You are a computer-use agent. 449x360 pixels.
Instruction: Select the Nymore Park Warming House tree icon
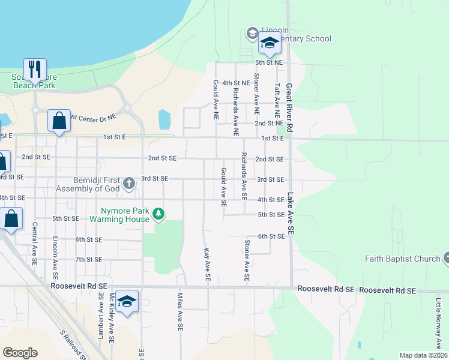pyautogui.click(x=158, y=213)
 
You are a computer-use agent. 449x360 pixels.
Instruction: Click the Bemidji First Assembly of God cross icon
pyautogui.click(x=128, y=183)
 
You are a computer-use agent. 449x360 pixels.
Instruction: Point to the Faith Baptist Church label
pyautogui.click(x=403, y=259)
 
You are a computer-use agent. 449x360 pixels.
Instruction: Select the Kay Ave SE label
pyautogui.click(x=206, y=265)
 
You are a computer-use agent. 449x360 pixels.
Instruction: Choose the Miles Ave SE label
pyautogui.click(x=179, y=311)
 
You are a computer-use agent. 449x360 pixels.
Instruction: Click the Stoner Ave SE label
pyautogui.click(x=246, y=261)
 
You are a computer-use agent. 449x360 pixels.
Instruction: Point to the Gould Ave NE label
pyautogui.click(x=214, y=99)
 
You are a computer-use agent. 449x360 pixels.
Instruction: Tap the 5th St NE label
pyautogui.click(x=268, y=62)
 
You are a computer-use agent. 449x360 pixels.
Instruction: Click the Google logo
pyautogui.click(x=20, y=352)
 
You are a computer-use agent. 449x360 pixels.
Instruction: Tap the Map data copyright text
pyautogui.click(x=423, y=355)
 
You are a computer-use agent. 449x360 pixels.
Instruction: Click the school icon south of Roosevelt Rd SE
pyautogui.click(x=127, y=301)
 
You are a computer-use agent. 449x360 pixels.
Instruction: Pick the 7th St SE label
pyautogui.click(x=89, y=259)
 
